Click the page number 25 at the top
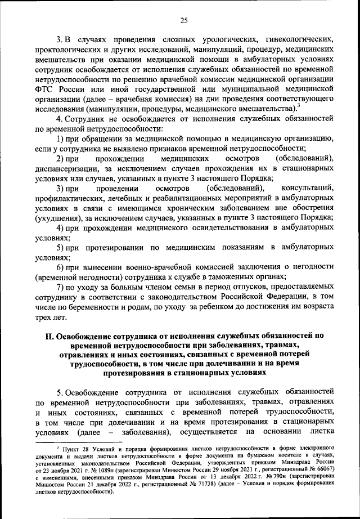[x=183, y=21]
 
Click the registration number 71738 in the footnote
[x=196, y=483]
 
